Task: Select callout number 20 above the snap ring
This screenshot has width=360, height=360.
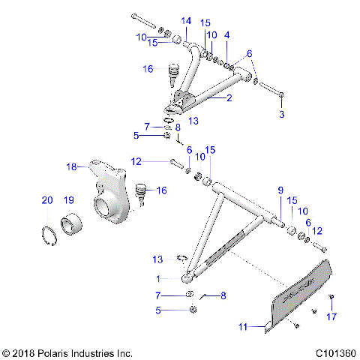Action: pyautogui.click(x=46, y=200)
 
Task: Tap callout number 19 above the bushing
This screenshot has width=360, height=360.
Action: pyautogui.click(x=68, y=200)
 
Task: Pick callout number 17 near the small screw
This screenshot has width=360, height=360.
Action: pyautogui.click(x=331, y=316)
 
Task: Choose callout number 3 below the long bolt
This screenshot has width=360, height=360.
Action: pyautogui.click(x=282, y=114)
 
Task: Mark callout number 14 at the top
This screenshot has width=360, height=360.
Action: pyautogui.click(x=186, y=19)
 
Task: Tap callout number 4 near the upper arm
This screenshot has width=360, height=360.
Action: pyautogui.click(x=227, y=34)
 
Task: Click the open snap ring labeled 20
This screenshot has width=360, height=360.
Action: pyautogui.click(x=50, y=233)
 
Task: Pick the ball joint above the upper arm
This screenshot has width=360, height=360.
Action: pyautogui.click(x=172, y=73)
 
